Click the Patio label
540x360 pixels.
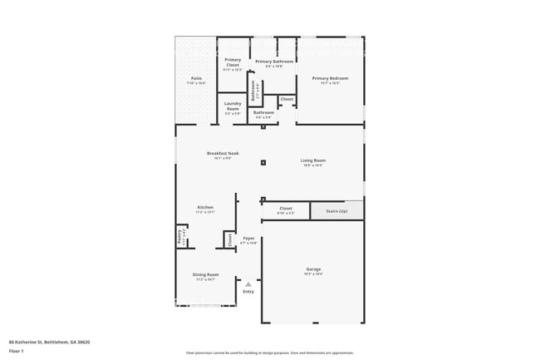(x=196, y=78)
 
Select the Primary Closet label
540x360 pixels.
(x=233, y=62)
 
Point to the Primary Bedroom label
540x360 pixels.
(x=330, y=78)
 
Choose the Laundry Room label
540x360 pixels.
(x=233, y=106)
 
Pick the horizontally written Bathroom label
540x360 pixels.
(x=264, y=112)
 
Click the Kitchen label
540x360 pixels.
(x=205, y=207)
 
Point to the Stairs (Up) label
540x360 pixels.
(x=337, y=210)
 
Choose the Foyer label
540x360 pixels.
(x=248, y=239)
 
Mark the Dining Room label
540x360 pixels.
(x=206, y=274)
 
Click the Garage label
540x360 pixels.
(x=313, y=269)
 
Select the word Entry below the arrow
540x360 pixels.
(x=248, y=292)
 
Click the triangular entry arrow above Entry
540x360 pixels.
(x=248, y=284)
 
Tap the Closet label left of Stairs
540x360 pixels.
(x=286, y=209)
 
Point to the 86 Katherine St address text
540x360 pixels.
(x=49, y=342)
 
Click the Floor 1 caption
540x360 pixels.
(x=17, y=350)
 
